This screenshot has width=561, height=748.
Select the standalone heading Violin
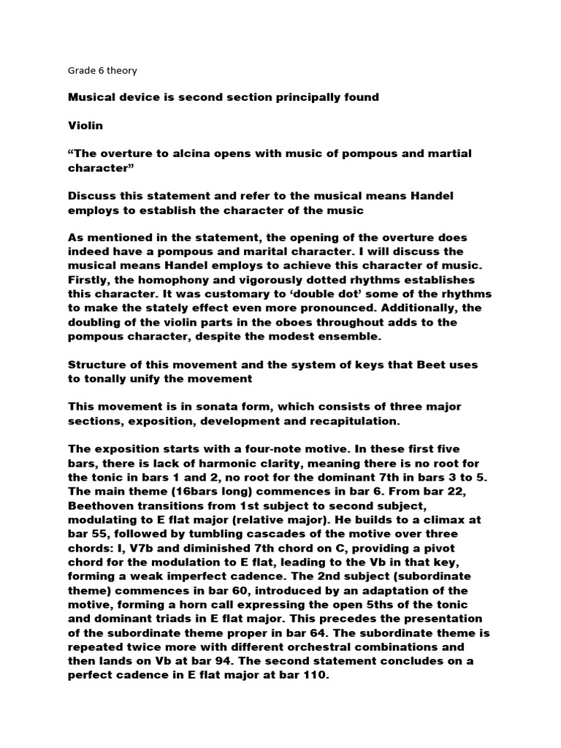pos(85,126)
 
